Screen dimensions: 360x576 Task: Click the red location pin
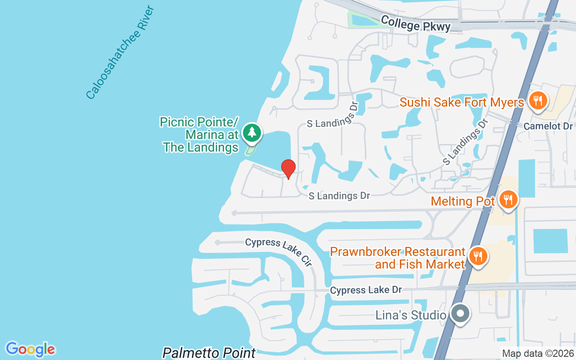288,168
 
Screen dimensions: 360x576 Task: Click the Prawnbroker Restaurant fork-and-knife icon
478,256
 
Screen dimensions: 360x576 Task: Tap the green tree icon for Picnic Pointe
252,132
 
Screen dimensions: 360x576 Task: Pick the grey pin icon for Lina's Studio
460,313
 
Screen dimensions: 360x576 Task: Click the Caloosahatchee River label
120,53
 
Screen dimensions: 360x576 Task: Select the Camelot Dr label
548,126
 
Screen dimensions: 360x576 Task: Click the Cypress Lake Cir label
279,251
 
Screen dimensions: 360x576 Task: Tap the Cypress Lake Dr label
365,290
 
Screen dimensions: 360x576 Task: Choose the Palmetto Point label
209,352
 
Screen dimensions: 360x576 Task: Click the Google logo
30,349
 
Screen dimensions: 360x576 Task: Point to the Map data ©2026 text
538,353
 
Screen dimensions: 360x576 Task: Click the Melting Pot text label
463,201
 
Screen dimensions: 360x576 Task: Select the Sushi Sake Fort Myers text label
462,103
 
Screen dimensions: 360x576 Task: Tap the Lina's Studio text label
410,315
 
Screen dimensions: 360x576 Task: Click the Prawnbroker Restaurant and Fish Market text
398,257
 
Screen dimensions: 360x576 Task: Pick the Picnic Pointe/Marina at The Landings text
201,135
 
